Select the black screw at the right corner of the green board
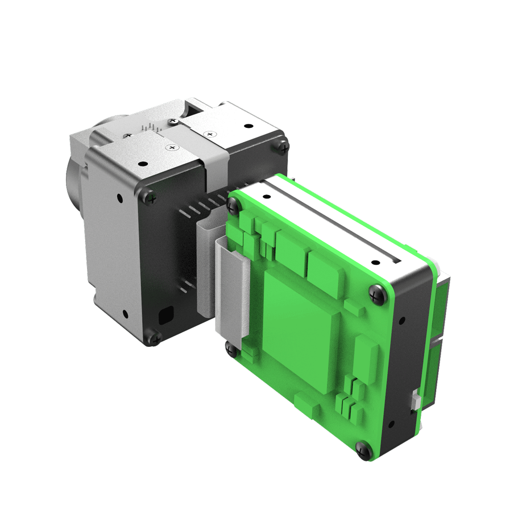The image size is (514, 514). pyautogui.click(x=376, y=293)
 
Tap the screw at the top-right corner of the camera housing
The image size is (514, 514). pyautogui.click(x=284, y=147)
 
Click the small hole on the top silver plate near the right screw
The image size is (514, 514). pyautogui.click(x=248, y=126)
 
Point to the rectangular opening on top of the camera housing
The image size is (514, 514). pyautogui.click(x=198, y=106)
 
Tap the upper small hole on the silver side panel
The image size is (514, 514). pyautogui.click(x=119, y=198)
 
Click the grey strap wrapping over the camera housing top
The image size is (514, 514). pyautogui.click(x=214, y=154)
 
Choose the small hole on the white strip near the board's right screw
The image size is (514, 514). pyautogui.click(x=375, y=263)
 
